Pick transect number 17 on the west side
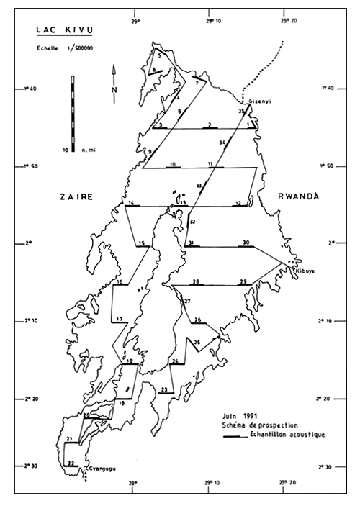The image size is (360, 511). (x=119, y=318)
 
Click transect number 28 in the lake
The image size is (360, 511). (x=196, y=281)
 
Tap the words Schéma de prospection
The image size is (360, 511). (x=258, y=426)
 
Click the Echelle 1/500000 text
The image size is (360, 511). (x=50, y=48)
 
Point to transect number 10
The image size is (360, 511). (x=171, y=165)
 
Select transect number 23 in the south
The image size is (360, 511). (x=165, y=389)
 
